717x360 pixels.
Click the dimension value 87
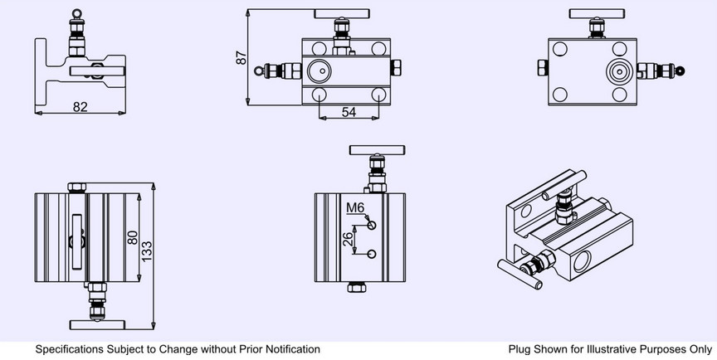click(241, 58)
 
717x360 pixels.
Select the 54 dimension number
click(349, 111)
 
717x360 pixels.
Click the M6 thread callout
click(355, 207)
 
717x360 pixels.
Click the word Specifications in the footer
click(69, 350)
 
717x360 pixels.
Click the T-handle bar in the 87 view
click(339, 13)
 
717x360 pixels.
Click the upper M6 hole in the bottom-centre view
click(373, 225)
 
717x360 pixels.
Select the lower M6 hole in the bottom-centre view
click(373, 254)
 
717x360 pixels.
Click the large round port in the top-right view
click(618, 71)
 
